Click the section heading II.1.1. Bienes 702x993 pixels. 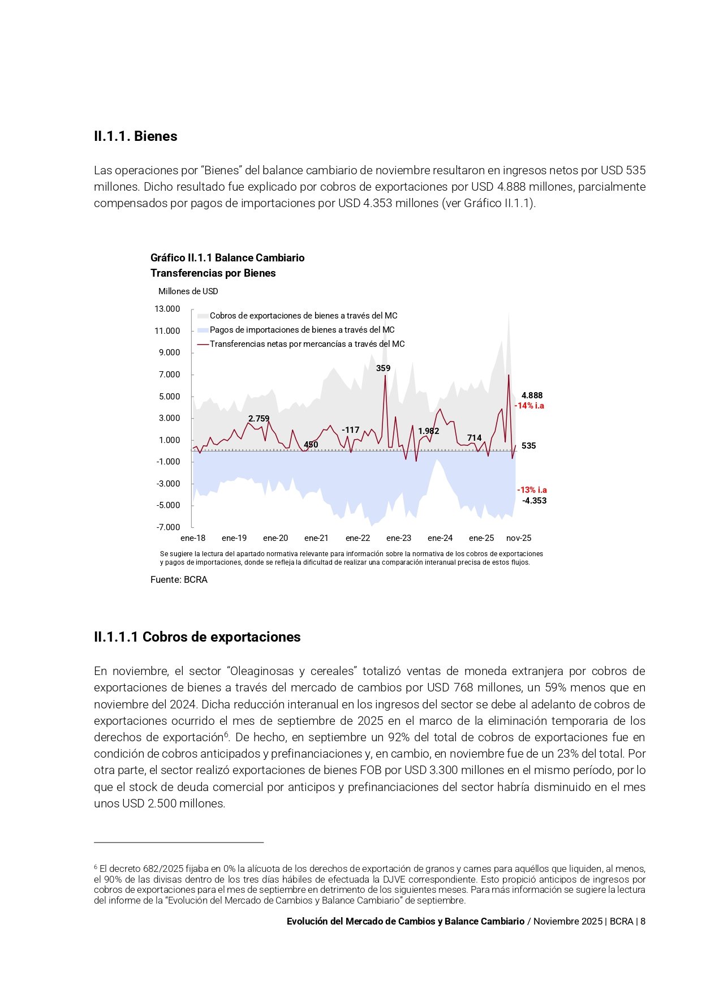click(135, 136)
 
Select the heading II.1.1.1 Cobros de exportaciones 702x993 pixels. click(197, 637)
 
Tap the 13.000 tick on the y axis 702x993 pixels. click(167, 309)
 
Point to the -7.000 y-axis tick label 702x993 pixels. click(168, 527)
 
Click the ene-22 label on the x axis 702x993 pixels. click(358, 538)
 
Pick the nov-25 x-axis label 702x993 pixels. click(519, 538)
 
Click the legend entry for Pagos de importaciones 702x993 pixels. click(302, 330)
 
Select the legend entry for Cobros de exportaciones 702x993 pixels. click(303, 316)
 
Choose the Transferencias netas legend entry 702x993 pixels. click(307, 344)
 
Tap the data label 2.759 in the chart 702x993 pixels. click(259, 419)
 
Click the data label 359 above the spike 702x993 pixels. click(383, 368)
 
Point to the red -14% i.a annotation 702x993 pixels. click(529, 406)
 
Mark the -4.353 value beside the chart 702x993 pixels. click(534, 501)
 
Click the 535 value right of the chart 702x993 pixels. click(528, 446)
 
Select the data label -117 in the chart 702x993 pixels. click(351, 430)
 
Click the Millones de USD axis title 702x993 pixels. click(188, 291)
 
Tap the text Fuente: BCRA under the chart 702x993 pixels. click(179, 580)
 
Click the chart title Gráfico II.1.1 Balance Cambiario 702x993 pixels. click(227, 258)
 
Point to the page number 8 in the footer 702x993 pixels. click(643, 921)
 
